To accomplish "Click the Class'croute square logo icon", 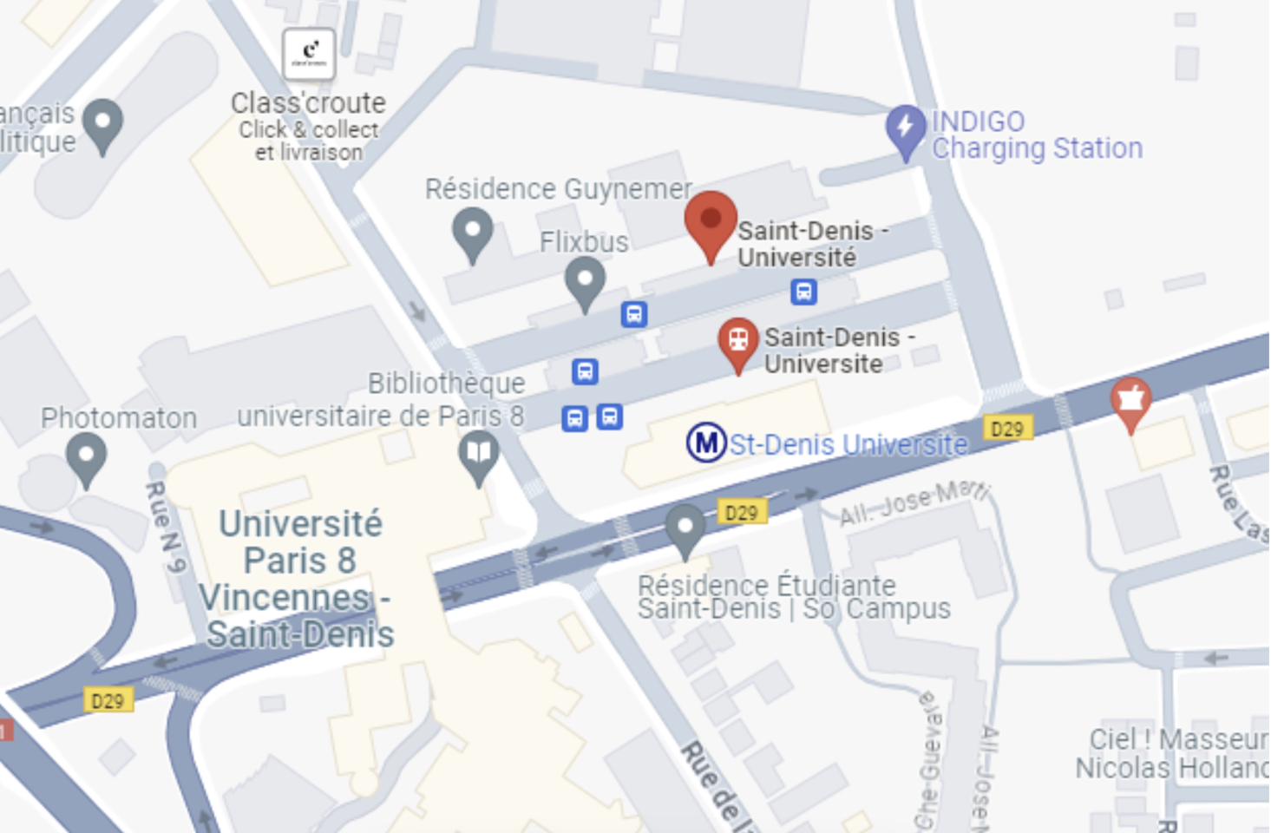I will [x=309, y=54].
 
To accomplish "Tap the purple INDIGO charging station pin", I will [x=906, y=130].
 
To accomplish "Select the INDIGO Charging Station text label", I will [x=1037, y=135].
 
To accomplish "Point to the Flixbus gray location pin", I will [x=585, y=284].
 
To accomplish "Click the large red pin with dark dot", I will [x=711, y=223].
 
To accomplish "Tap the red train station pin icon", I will [x=738, y=342].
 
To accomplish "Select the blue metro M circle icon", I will [x=706, y=443].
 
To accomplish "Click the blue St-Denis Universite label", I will [x=848, y=444].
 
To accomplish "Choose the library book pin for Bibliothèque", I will [x=479, y=455].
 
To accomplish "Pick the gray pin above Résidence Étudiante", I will [x=685, y=528].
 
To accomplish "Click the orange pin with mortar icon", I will [x=1130, y=402].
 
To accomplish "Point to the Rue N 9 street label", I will [x=166, y=527].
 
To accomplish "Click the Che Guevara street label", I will [x=928, y=760].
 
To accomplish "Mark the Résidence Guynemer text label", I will [x=558, y=188].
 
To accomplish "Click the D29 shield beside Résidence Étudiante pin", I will [x=742, y=513].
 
